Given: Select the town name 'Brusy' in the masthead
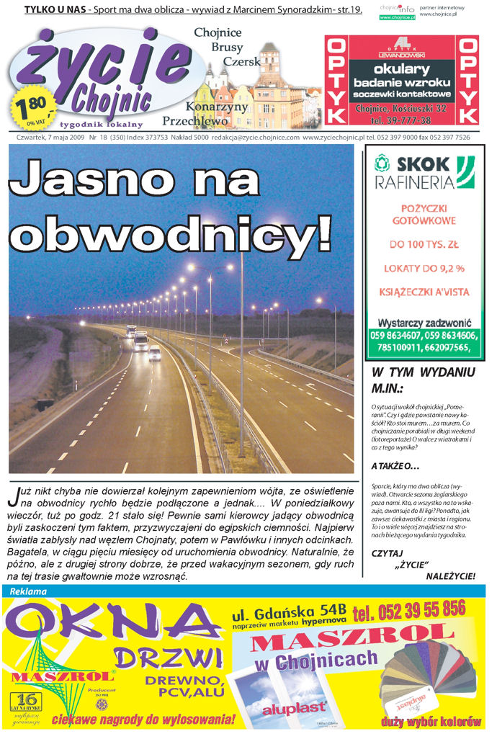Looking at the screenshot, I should [x=227, y=47].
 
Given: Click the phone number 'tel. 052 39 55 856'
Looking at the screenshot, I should [x=409, y=611].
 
